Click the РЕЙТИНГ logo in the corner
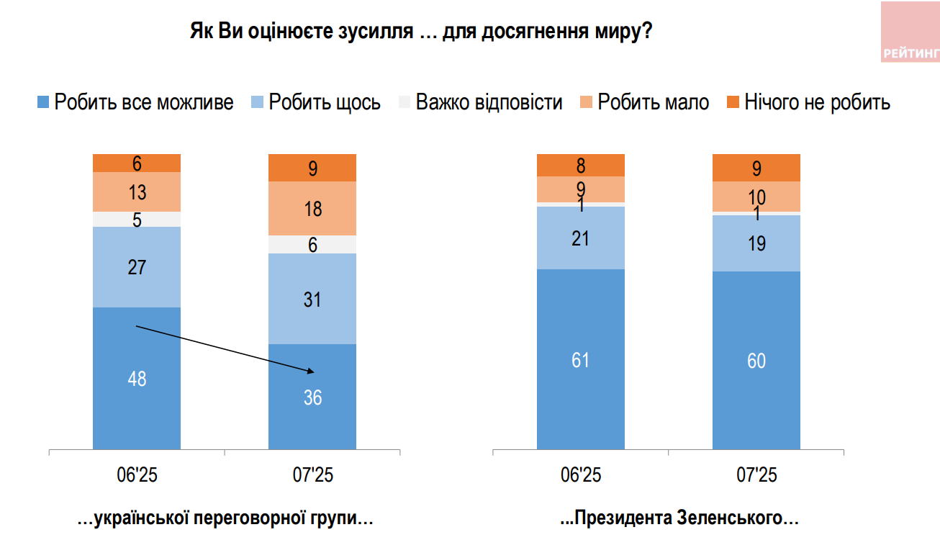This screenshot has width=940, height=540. point(910,32)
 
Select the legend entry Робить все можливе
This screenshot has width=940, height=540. point(135,102)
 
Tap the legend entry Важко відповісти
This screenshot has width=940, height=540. point(480,102)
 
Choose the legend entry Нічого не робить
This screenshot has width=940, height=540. point(809,102)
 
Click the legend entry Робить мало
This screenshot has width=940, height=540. point(644,102)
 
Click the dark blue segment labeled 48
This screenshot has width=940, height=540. point(137,378)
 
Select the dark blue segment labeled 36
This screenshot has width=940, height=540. point(312,397)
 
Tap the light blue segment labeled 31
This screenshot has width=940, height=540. point(312,299)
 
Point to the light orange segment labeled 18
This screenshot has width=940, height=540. point(312,209)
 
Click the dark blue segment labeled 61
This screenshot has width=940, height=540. point(581,359)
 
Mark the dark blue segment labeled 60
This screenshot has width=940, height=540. point(756,361)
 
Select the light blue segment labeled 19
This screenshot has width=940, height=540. point(756,243)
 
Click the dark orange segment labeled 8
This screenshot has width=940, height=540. point(581,165)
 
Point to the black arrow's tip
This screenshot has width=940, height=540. point(315,372)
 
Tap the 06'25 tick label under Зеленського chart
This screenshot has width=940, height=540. point(581,475)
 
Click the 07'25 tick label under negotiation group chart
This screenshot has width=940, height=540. point(312,475)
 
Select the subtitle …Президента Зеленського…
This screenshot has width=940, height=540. point(680,518)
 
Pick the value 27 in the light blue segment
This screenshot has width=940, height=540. point(137,268)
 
